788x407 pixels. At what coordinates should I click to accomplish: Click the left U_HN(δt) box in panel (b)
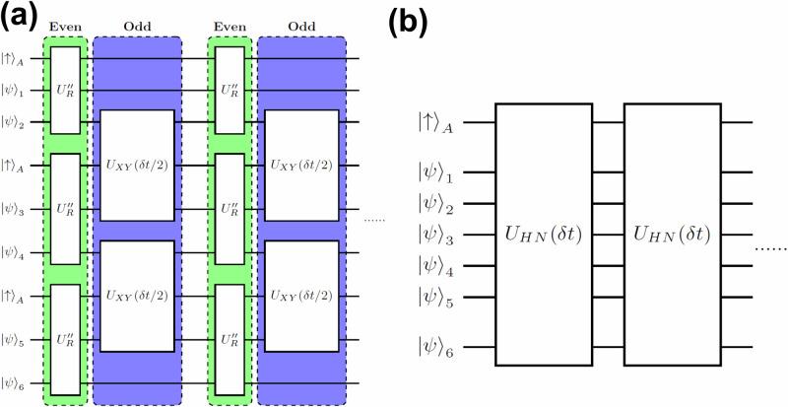tap(543, 235)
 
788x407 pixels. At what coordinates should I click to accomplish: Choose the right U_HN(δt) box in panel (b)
tap(672, 235)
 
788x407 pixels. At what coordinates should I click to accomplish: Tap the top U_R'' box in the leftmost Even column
tap(66, 90)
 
